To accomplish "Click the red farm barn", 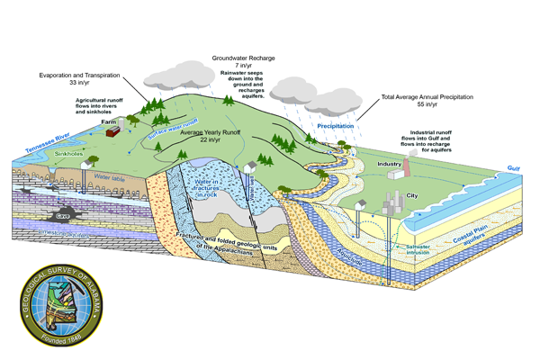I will [x=112, y=130].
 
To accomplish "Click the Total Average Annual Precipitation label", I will [x=437, y=96].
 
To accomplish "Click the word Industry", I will [x=389, y=165].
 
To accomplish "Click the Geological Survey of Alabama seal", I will [x=64, y=309].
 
